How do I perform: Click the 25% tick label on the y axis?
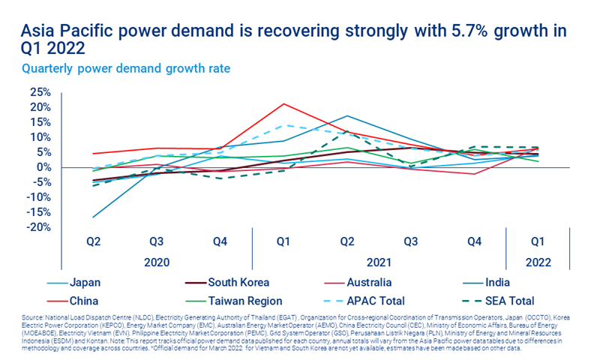tap(40, 92)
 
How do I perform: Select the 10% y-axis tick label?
tap(40, 137)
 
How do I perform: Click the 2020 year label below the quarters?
tap(156, 263)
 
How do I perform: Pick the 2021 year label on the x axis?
tap(379, 263)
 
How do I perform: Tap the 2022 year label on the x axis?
tap(538, 263)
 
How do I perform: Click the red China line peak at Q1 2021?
tap(283, 103)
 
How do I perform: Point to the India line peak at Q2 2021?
tap(346, 116)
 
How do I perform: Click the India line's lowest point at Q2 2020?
tap(94, 217)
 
